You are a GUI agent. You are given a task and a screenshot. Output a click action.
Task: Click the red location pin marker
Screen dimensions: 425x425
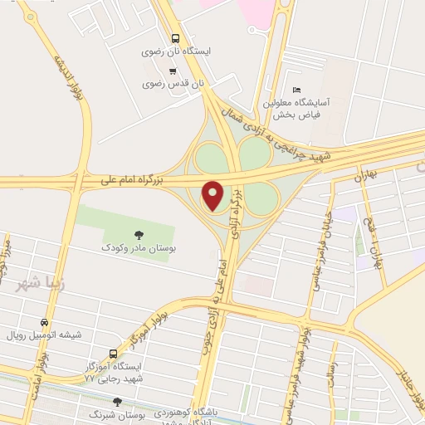pyautogui.click(x=214, y=194)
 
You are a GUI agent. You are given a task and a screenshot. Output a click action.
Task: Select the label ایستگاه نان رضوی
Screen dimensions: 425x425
pyautogui.click(x=176, y=51)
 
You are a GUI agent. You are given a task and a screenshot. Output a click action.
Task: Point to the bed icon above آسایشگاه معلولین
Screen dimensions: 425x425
pyautogui.click(x=296, y=90)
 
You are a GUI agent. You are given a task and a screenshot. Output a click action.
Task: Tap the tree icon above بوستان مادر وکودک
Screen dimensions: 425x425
pyautogui.click(x=139, y=234)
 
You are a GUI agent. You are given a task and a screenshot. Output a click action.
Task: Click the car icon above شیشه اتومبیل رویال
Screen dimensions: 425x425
pyautogui.click(x=44, y=322)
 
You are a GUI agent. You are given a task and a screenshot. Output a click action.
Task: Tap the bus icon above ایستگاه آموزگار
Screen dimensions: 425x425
pyautogui.click(x=114, y=353)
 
